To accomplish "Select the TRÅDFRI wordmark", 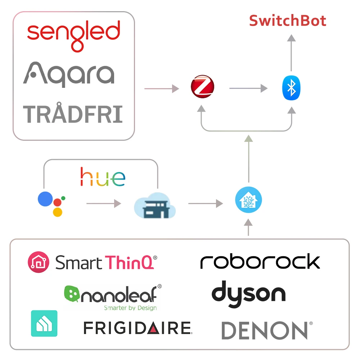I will (73, 114).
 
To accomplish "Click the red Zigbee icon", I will (202, 87).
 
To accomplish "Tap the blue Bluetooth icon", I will (291, 88).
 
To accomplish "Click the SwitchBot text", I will (288, 21).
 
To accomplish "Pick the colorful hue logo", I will (103, 177).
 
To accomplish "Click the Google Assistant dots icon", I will (51, 203).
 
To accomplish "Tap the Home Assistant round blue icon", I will (248, 200).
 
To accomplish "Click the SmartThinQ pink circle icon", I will (38, 262).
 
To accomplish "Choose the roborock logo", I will (260, 262).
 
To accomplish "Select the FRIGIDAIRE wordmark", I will (137, 328).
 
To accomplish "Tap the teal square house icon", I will (44, 323).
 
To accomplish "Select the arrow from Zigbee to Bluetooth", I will (248, 88).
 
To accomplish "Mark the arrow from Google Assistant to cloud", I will (103, 204).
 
